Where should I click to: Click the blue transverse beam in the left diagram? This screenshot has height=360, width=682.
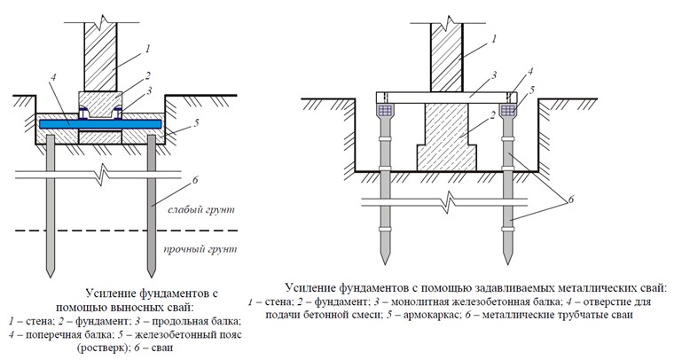(x=100, y=124)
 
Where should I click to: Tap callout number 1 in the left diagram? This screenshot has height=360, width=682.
(x=147, y=49)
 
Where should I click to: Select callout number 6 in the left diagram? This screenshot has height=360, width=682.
(x=195, y=180)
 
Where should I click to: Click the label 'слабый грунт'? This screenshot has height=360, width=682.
(x=201, y=209)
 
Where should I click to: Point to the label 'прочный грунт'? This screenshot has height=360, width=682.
(x=200, y=249)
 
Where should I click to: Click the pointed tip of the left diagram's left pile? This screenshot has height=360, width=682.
(x=51, y=277)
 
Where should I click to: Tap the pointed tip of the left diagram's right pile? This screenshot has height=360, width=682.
(x=152, y=277)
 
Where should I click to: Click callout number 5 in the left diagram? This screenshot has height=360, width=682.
(x=197, y=123)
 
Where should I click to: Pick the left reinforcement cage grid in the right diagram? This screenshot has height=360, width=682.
(x=385, y=111)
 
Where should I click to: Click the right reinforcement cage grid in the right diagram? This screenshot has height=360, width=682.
(x=507, y=111)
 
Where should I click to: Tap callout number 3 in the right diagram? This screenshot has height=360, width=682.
(x=495, y=75)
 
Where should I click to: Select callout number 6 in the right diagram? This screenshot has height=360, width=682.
(x=571, y=200)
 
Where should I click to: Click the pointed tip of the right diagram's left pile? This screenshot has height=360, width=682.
(x=385, y=262)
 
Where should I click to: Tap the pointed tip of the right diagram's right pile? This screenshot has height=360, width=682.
(x=507, y=262)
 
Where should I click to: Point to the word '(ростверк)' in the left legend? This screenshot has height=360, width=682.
(x=100, y=348)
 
